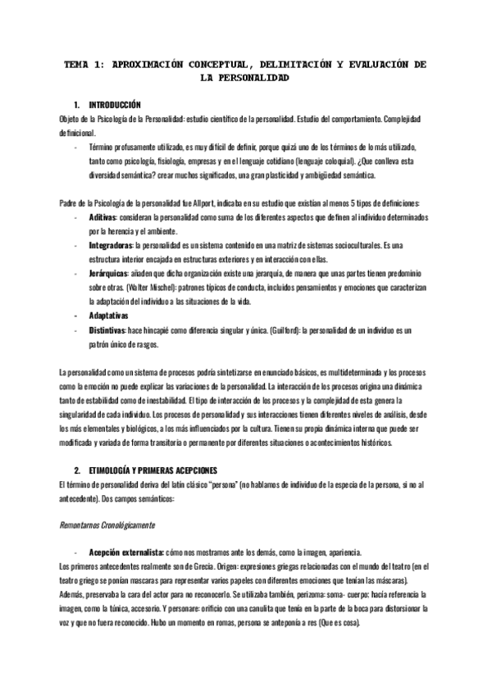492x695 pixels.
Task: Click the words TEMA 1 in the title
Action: [x=82, y=64]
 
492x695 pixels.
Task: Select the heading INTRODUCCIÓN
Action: [x=115, y=105]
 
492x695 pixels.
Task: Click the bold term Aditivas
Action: [x=103, y=220]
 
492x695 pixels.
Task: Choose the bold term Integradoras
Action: [x=111, y=245]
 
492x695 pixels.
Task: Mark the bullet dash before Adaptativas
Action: [x=75, y=314]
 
